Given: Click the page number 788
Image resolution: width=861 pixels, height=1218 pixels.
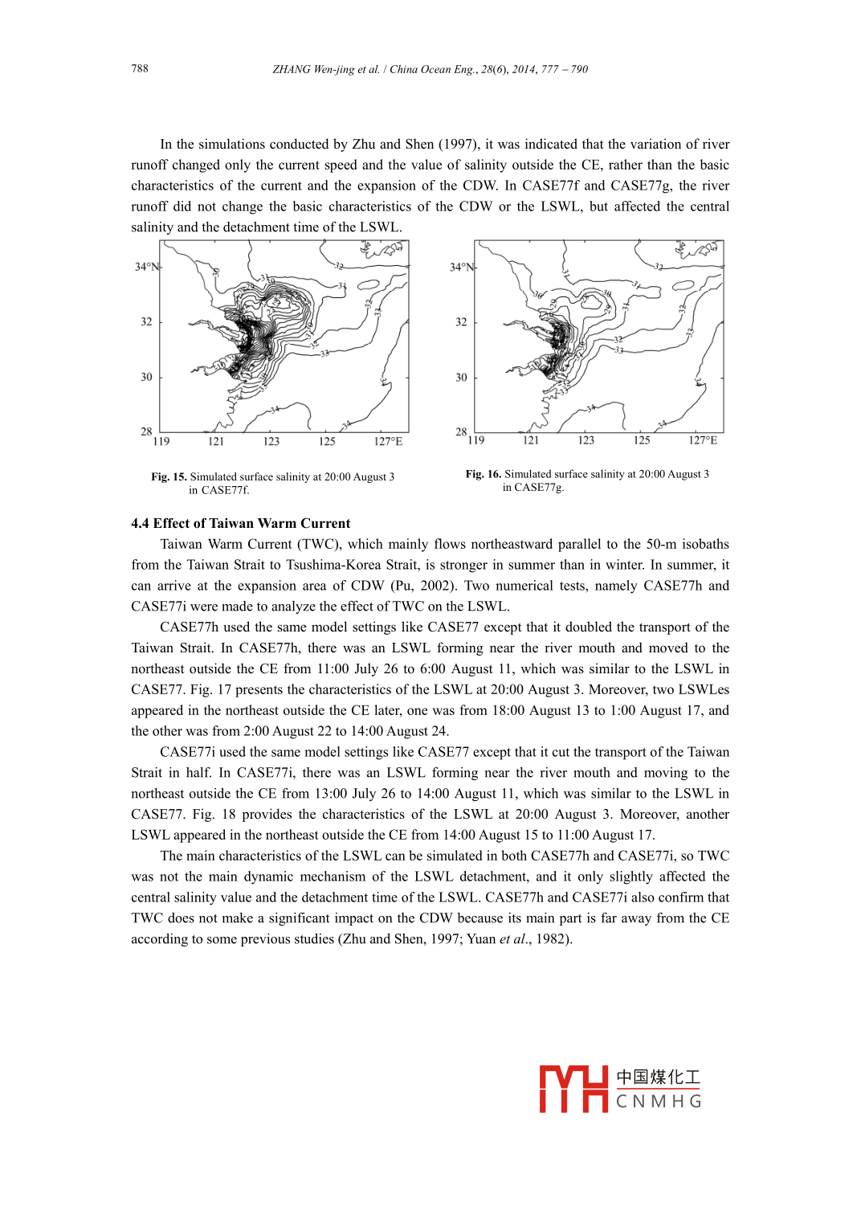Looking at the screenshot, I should (140, 69).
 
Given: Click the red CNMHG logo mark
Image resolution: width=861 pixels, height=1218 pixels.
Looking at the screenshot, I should (573, 1089).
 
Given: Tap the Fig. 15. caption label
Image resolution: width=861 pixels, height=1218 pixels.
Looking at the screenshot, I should (169, 477).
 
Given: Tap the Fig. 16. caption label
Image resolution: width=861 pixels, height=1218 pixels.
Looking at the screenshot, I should (483, 475).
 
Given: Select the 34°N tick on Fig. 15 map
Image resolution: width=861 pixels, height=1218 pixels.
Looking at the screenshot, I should (147, 267).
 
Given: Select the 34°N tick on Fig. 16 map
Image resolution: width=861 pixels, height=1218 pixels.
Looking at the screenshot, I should (462, 267).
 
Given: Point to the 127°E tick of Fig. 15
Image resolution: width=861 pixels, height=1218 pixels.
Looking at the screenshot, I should (388, 441).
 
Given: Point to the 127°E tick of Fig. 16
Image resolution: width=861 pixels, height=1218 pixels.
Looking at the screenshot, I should (703, 440).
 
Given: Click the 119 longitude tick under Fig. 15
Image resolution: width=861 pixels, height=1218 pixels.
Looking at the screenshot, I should (161, 441).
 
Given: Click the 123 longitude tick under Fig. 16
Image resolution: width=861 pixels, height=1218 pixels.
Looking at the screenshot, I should (586, 440).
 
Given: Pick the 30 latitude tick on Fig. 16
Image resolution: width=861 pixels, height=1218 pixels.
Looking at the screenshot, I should (461, 377).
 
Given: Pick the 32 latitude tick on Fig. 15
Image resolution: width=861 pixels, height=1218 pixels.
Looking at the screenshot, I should (146, 322).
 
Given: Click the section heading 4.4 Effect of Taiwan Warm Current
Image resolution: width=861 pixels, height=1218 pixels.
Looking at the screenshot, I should (241, 524).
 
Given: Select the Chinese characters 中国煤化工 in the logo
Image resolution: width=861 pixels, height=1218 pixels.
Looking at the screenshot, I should (658, 1077).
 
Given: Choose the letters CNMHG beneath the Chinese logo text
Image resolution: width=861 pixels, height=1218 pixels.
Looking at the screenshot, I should (659, 1102).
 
